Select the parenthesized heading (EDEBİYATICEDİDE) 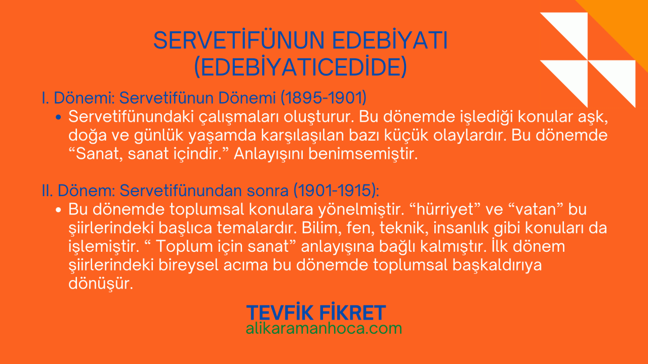(x=301, y=67)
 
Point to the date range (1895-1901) (x=323, y=98)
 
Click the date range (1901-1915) (x=335, y=191)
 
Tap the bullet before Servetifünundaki (x=58, y=117)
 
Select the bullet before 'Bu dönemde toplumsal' (x=58, y=210)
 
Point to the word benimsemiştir (x=363, y=154)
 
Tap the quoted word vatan (x=536, y=209)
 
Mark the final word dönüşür (x=101, y=284)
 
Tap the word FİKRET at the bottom (x=353, y=313)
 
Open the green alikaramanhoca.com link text (x=323, y=329)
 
